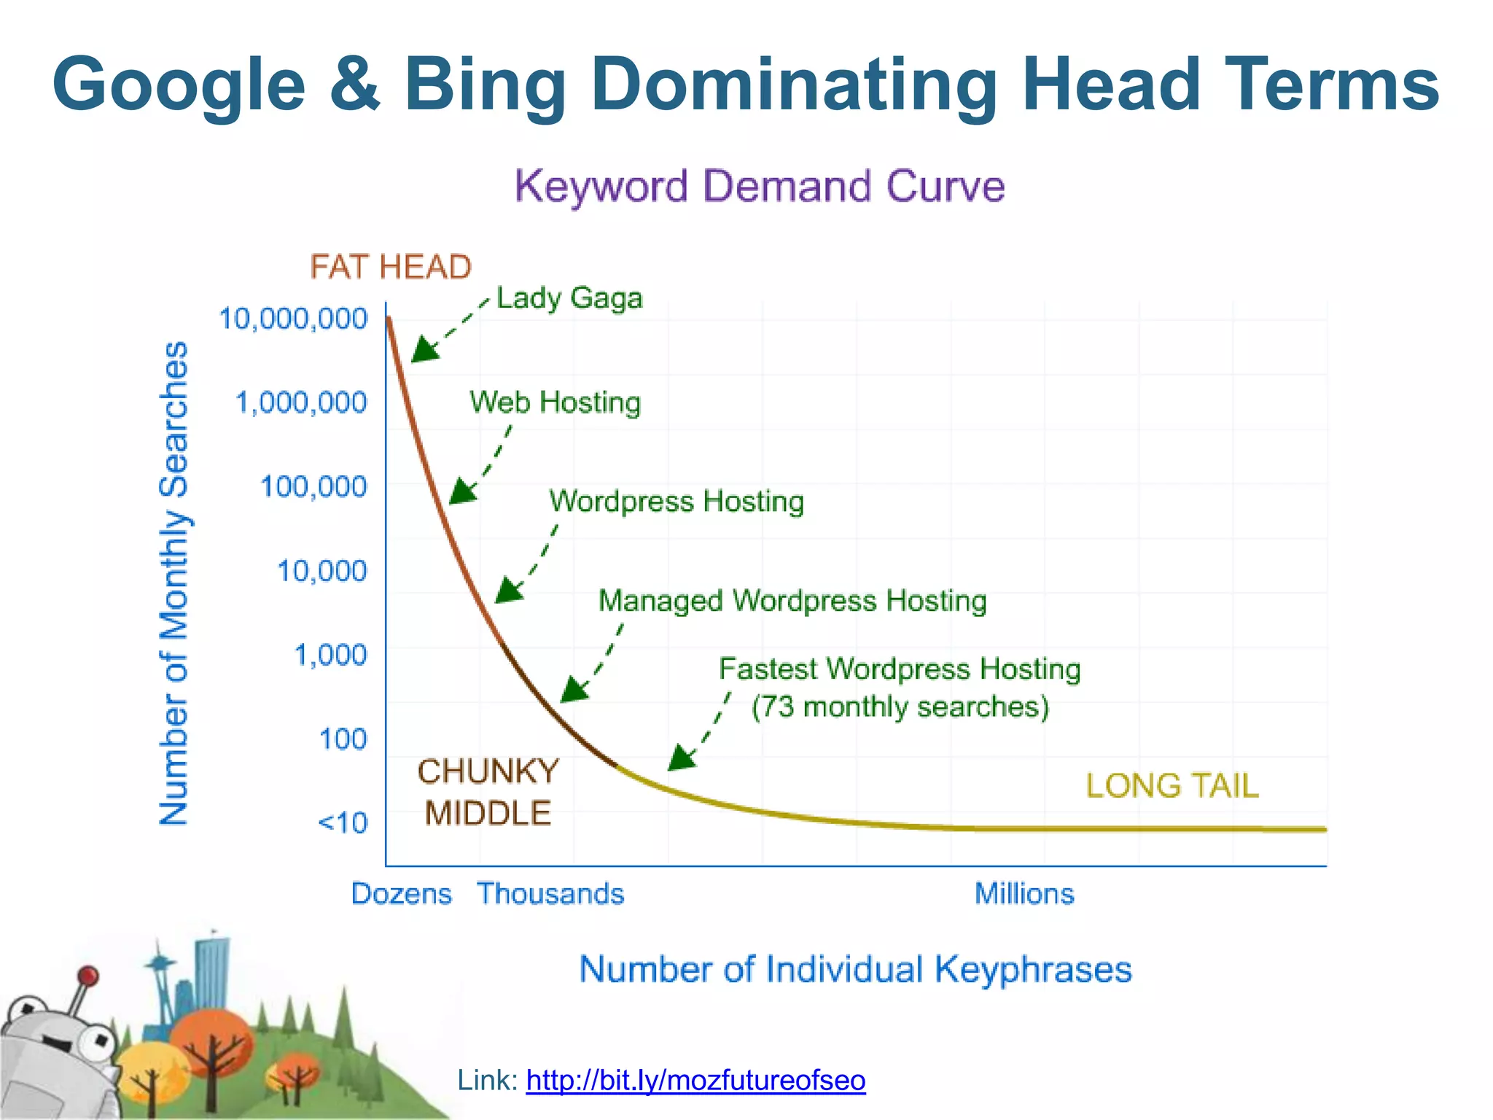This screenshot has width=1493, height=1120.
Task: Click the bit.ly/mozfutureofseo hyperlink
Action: click(x=695, y=1080)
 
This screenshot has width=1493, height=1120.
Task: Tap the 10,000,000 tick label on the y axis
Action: click(x=293, y=319)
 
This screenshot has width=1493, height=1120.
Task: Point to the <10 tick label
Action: click(x=343, y=823)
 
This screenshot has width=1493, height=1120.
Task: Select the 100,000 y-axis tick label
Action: click(x=313, y=486)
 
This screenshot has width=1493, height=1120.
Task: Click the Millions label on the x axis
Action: click(x=1024, y=894)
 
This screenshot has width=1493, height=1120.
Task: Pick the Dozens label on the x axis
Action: click(x=401, y=894)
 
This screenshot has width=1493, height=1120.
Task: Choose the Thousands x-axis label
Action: click(x=550, y=894)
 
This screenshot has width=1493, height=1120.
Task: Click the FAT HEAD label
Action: click(x=391, y=267)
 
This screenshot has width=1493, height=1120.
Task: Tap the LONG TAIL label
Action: click(x=1172, y=786)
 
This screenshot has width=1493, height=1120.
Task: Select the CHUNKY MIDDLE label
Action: click(x=488, y=793)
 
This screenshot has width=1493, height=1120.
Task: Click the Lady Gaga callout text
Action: click(x=569, y=298)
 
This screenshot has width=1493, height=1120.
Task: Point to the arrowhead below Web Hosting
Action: click(x=462, y=491)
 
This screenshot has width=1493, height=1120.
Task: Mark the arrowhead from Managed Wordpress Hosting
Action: click(x=574, y=689)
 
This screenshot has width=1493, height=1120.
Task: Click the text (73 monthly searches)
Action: click(x=900, y=707)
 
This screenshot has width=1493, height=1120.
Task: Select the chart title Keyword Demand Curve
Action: click(x=760, y=186)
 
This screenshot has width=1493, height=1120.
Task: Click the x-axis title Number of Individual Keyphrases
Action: click(x=855, y=970)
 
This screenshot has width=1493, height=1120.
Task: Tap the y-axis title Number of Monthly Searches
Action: click(x=174, y=583)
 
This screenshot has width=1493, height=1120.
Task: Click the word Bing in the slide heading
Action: click(x=485, y=85)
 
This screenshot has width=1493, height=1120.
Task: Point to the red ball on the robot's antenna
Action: click(x=88, y=976)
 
